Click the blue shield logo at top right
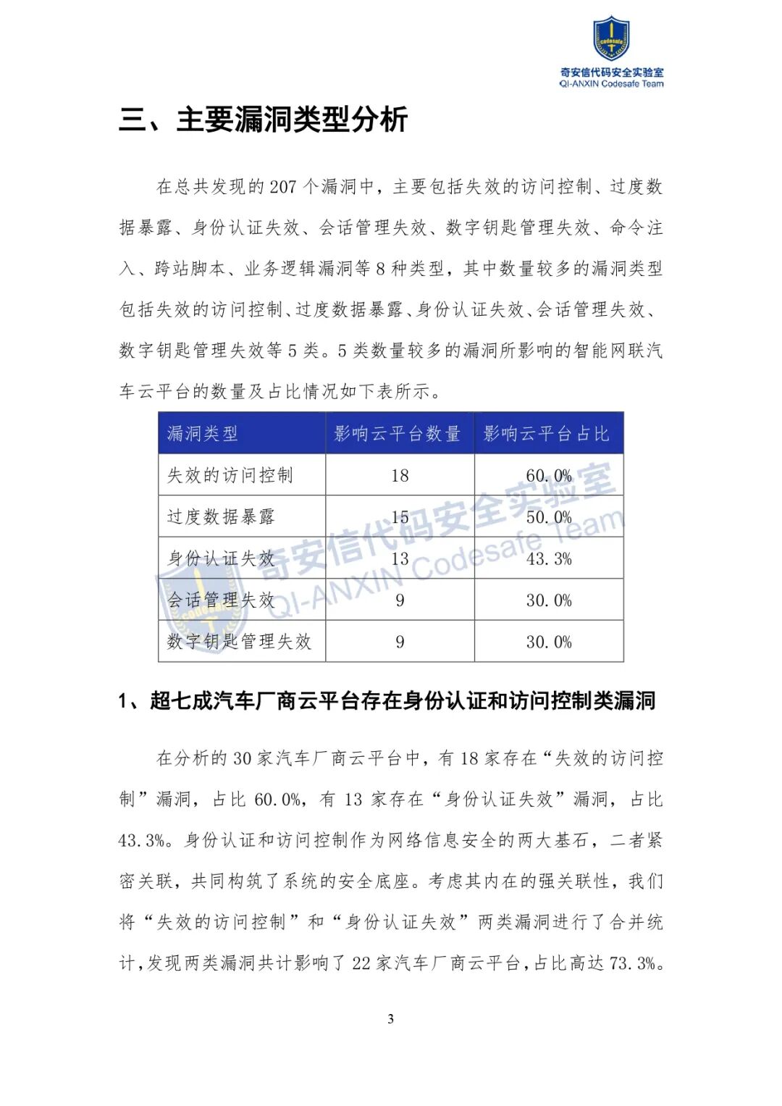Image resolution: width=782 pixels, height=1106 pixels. click(x=611, y=39)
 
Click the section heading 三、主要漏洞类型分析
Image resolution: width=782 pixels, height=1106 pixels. click(x=264, y=120)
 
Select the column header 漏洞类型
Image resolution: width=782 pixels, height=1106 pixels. click(x=202, y=434)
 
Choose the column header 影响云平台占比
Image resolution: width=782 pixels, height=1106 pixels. click(x=547, y=434)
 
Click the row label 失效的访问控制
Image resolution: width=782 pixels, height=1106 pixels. click(x=230, y=475)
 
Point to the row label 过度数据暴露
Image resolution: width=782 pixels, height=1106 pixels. click(x=221, y=516)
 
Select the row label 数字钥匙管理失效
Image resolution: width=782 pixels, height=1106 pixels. click(x=239, y=642)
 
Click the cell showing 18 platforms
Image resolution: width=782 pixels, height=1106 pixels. click(x=400, y=476)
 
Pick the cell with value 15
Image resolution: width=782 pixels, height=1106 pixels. click(x=400, y=517)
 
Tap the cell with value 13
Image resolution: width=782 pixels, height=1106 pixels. click(x=400, y=559)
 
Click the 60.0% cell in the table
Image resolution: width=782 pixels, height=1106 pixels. click(x=549, y=476)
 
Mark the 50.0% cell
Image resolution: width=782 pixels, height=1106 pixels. click(x=549, y=517)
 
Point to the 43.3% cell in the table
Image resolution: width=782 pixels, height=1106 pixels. click(x=549, y=559)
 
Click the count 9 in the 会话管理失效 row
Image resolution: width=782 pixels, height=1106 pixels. click(x=400, y=600)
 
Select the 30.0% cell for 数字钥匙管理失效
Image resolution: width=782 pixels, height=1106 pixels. click(x=549, y=642)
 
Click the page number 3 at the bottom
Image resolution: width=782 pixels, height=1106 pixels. click(x=391, y=1019)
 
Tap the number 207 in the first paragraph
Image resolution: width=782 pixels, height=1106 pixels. click(x=283, y=187)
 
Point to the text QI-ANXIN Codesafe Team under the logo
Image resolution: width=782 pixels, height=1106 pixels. click(x=611, y=84)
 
